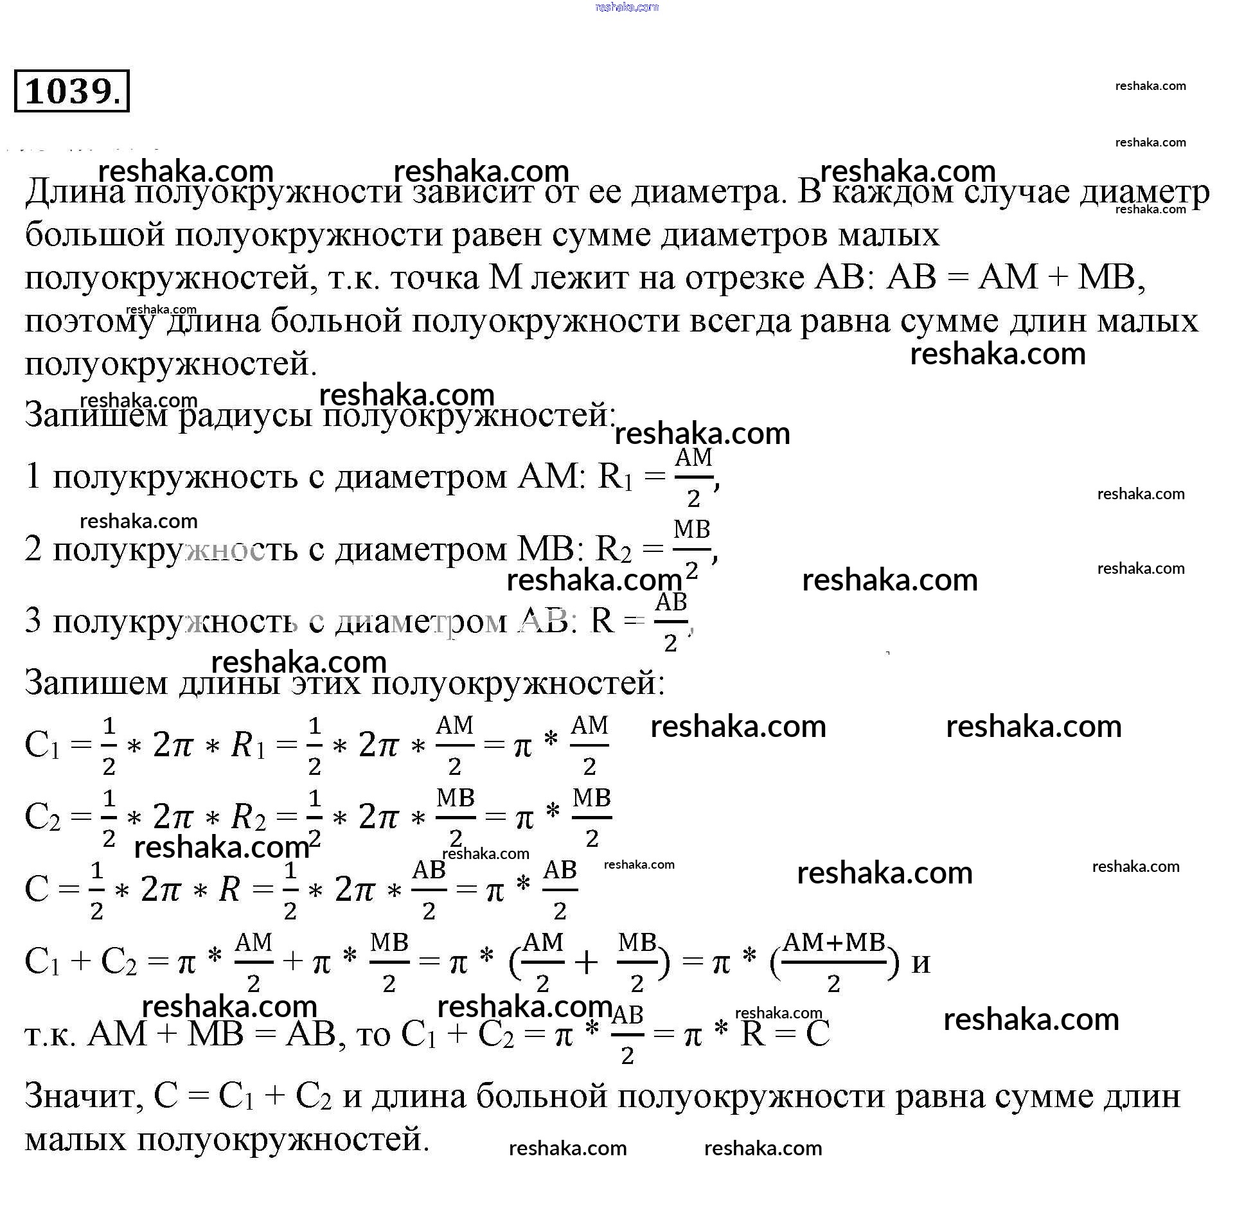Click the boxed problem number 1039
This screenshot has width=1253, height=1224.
tap(71, 91)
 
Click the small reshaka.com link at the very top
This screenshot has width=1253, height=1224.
tap(627, 7)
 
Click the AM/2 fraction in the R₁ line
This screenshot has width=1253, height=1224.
tap(693, 477)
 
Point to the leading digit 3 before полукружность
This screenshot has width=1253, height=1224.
tap(33, 622)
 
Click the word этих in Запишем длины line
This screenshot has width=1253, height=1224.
tap(326, 684)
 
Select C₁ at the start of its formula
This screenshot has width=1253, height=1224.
tap(42, 747)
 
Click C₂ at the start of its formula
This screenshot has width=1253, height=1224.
tap(42, 819)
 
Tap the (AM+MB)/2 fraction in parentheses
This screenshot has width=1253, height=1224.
tap(834, 962)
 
